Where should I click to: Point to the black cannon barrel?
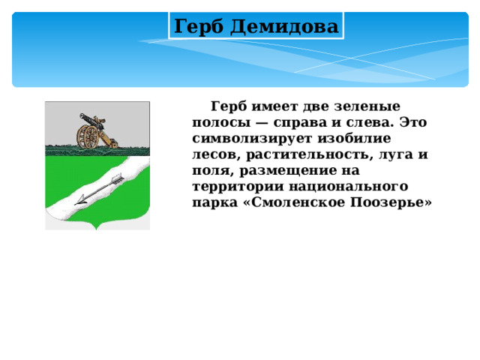(x=88, y=118)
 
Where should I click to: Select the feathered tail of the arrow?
(x=117, y=178)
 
